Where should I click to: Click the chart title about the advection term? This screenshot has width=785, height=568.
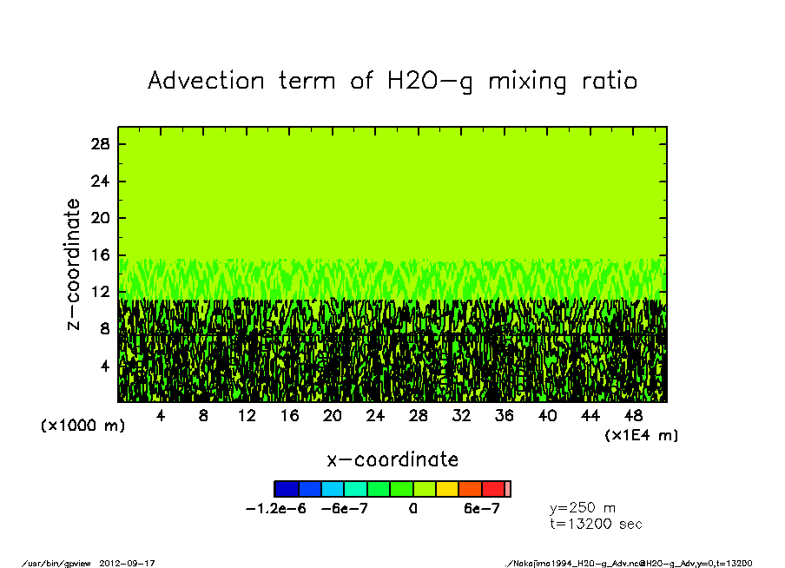coord(392,81)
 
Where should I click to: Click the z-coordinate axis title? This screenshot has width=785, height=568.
coord(74,264)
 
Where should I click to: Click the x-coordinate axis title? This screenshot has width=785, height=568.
coord(392,459)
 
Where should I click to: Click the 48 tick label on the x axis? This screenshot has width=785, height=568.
coord(634,416)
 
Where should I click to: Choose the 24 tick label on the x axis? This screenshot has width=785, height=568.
coord(375,416)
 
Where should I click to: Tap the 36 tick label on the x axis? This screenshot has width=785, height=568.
coord(505,416)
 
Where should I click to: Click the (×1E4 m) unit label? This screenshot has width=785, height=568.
coord(641,434)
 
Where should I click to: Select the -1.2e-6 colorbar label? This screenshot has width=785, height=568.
coord(277,509)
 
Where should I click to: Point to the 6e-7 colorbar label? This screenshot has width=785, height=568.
coord(481,509)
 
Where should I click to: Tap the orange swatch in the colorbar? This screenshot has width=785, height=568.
coord(470,489)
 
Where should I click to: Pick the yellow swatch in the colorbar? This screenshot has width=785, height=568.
coord(447,489)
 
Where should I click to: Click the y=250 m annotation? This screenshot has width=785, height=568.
coord(583,507)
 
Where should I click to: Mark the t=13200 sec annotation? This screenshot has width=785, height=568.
coord(596,524)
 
